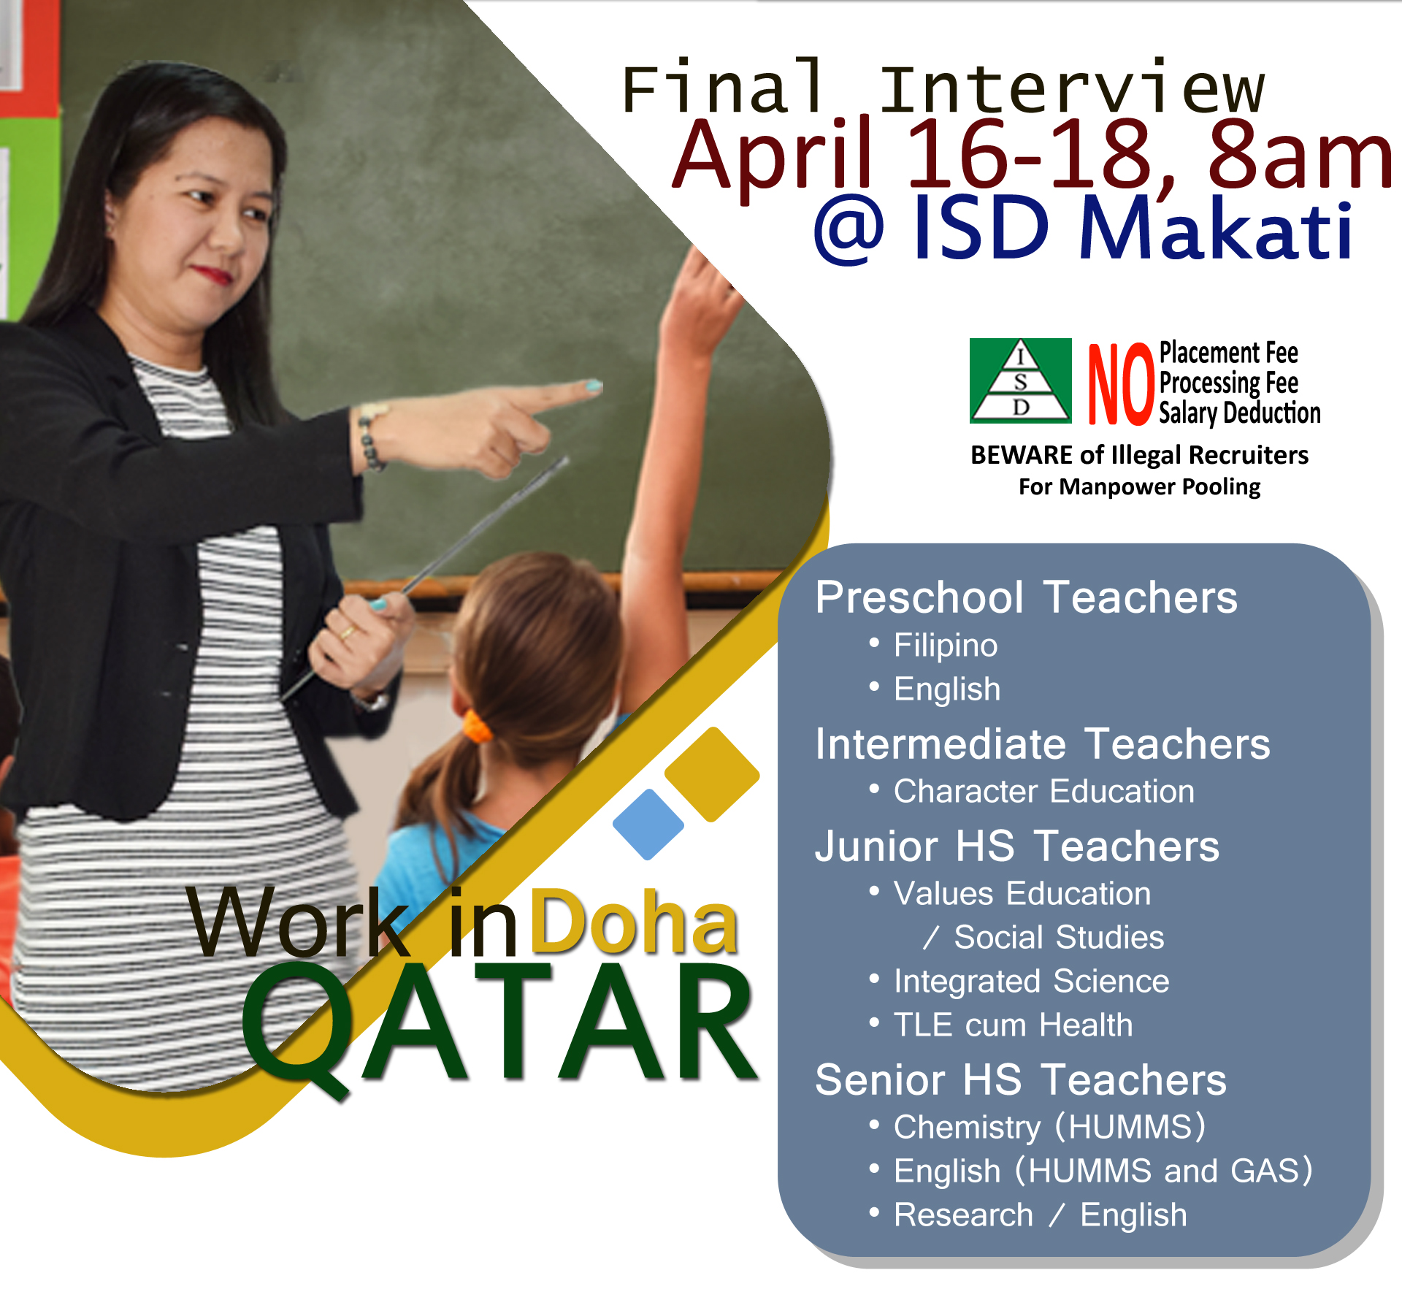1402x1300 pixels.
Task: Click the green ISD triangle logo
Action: click(x=1020, y=381)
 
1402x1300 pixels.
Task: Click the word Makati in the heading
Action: click(x=1216, y=229)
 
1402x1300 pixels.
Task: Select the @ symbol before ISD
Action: click(x=849, y=230)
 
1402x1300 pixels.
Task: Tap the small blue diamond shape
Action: click(x=648, y=824)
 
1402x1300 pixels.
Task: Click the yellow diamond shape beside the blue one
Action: click(x=712, y=774)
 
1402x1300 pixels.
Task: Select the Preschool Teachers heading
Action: click(x=1026, y=597)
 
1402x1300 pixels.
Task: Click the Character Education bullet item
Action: click(x=1044, y=791)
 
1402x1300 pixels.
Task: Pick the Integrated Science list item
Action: click(x=1031, y=982)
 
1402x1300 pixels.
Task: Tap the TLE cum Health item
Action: click(x=1013, y=1025)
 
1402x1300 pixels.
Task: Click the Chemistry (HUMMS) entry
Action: click(x=1049, y=1128)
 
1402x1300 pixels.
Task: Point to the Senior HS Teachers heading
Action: click(x=1020, y=1079)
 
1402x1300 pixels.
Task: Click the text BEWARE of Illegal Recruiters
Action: click(x=1139, y=455)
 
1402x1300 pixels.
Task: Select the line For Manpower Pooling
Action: click(x=1139, y=487)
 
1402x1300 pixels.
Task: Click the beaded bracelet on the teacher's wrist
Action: click(x=371, y=436)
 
